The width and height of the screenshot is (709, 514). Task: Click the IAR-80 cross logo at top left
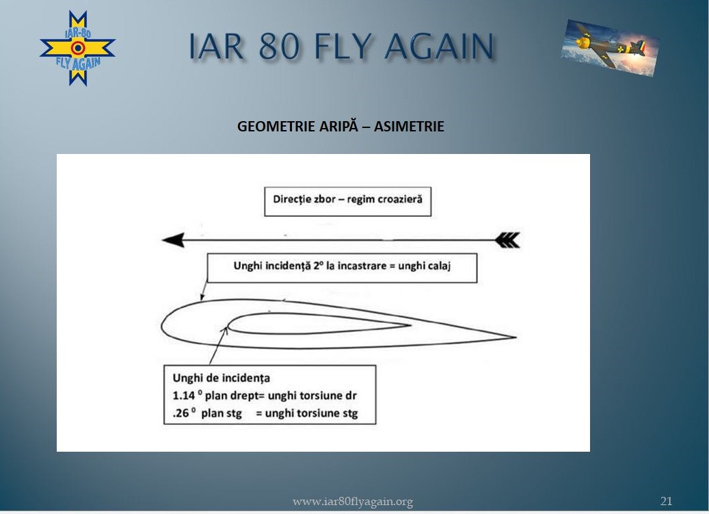pyautogui.click(x=78, y=48)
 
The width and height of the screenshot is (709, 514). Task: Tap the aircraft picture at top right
pyautogui.click(x=610, y=47)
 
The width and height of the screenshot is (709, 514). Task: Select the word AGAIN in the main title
pyautogui.click(x=439, y=46)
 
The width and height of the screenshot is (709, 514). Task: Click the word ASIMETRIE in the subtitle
pyautogui.click(x=409, y=126)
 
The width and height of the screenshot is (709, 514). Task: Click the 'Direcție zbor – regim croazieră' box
pyautogui.click(x=348, y=201)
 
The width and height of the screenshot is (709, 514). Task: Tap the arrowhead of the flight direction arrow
pyautogui.click(x=173, y=240)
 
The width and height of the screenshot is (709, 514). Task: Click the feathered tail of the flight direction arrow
pyautogui.click(x=508, y=240)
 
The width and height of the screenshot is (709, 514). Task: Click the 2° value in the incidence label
pyautogui.click(x=319, y=266)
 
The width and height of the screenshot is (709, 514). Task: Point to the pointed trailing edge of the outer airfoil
pyautogui.click(x=516, y=337)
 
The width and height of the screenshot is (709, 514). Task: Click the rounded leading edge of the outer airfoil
pyautogui.click(x=162, y=325)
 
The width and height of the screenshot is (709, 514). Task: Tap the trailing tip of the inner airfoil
pyautogui.click(x=411, y=325)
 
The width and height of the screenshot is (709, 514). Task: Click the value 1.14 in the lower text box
pyautogui.click(x=184, y=396)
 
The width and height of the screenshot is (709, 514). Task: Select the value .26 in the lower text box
pyautogui.click(x=181, y=413)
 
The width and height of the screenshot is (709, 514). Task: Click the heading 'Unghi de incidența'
pyautogui.click(x=221, y=378)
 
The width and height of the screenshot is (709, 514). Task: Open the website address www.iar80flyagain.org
pyautogui.click(x=353, y=501)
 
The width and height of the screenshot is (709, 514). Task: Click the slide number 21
pyautogui.click(x=666, y=501)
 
